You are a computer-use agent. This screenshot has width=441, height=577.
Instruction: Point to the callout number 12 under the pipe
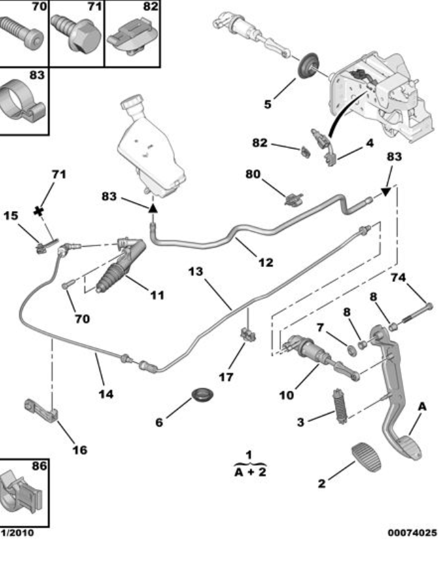265,263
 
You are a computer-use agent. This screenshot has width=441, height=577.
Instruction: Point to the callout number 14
105,393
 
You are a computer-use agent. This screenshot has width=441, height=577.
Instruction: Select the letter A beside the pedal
422,406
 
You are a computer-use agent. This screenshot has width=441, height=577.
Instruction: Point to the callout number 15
11,215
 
